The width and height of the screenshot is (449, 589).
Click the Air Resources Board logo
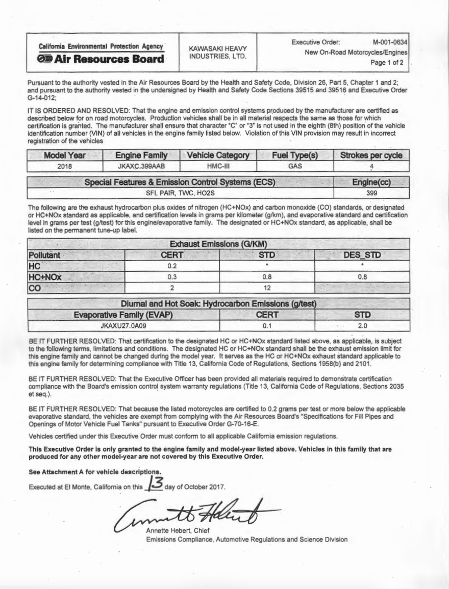[102, 59]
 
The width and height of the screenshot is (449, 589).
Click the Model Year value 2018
[64, 166]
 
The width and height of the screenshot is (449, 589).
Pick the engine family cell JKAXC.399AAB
[141, 166]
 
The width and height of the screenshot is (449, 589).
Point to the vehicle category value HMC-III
[218, 166]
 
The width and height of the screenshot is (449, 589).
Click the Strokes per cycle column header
[371, 155]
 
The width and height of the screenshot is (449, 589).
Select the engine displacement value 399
[371, 194]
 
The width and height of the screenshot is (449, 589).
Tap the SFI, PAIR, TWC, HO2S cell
[180, 194]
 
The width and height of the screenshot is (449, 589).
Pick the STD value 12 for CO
[267, 287]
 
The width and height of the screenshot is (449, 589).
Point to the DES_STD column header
[362, 254]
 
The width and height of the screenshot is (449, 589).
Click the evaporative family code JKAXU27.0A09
[124, 325]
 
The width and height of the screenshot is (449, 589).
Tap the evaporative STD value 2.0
[363, 325]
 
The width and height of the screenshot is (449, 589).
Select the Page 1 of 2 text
[391, 63]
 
